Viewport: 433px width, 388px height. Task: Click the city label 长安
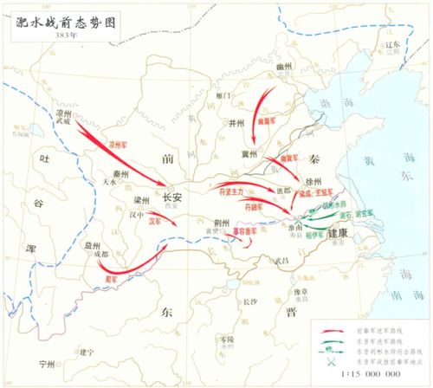click(172, 197)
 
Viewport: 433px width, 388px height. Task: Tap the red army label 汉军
click(155, 222)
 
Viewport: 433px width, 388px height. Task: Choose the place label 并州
click(237, 122)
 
